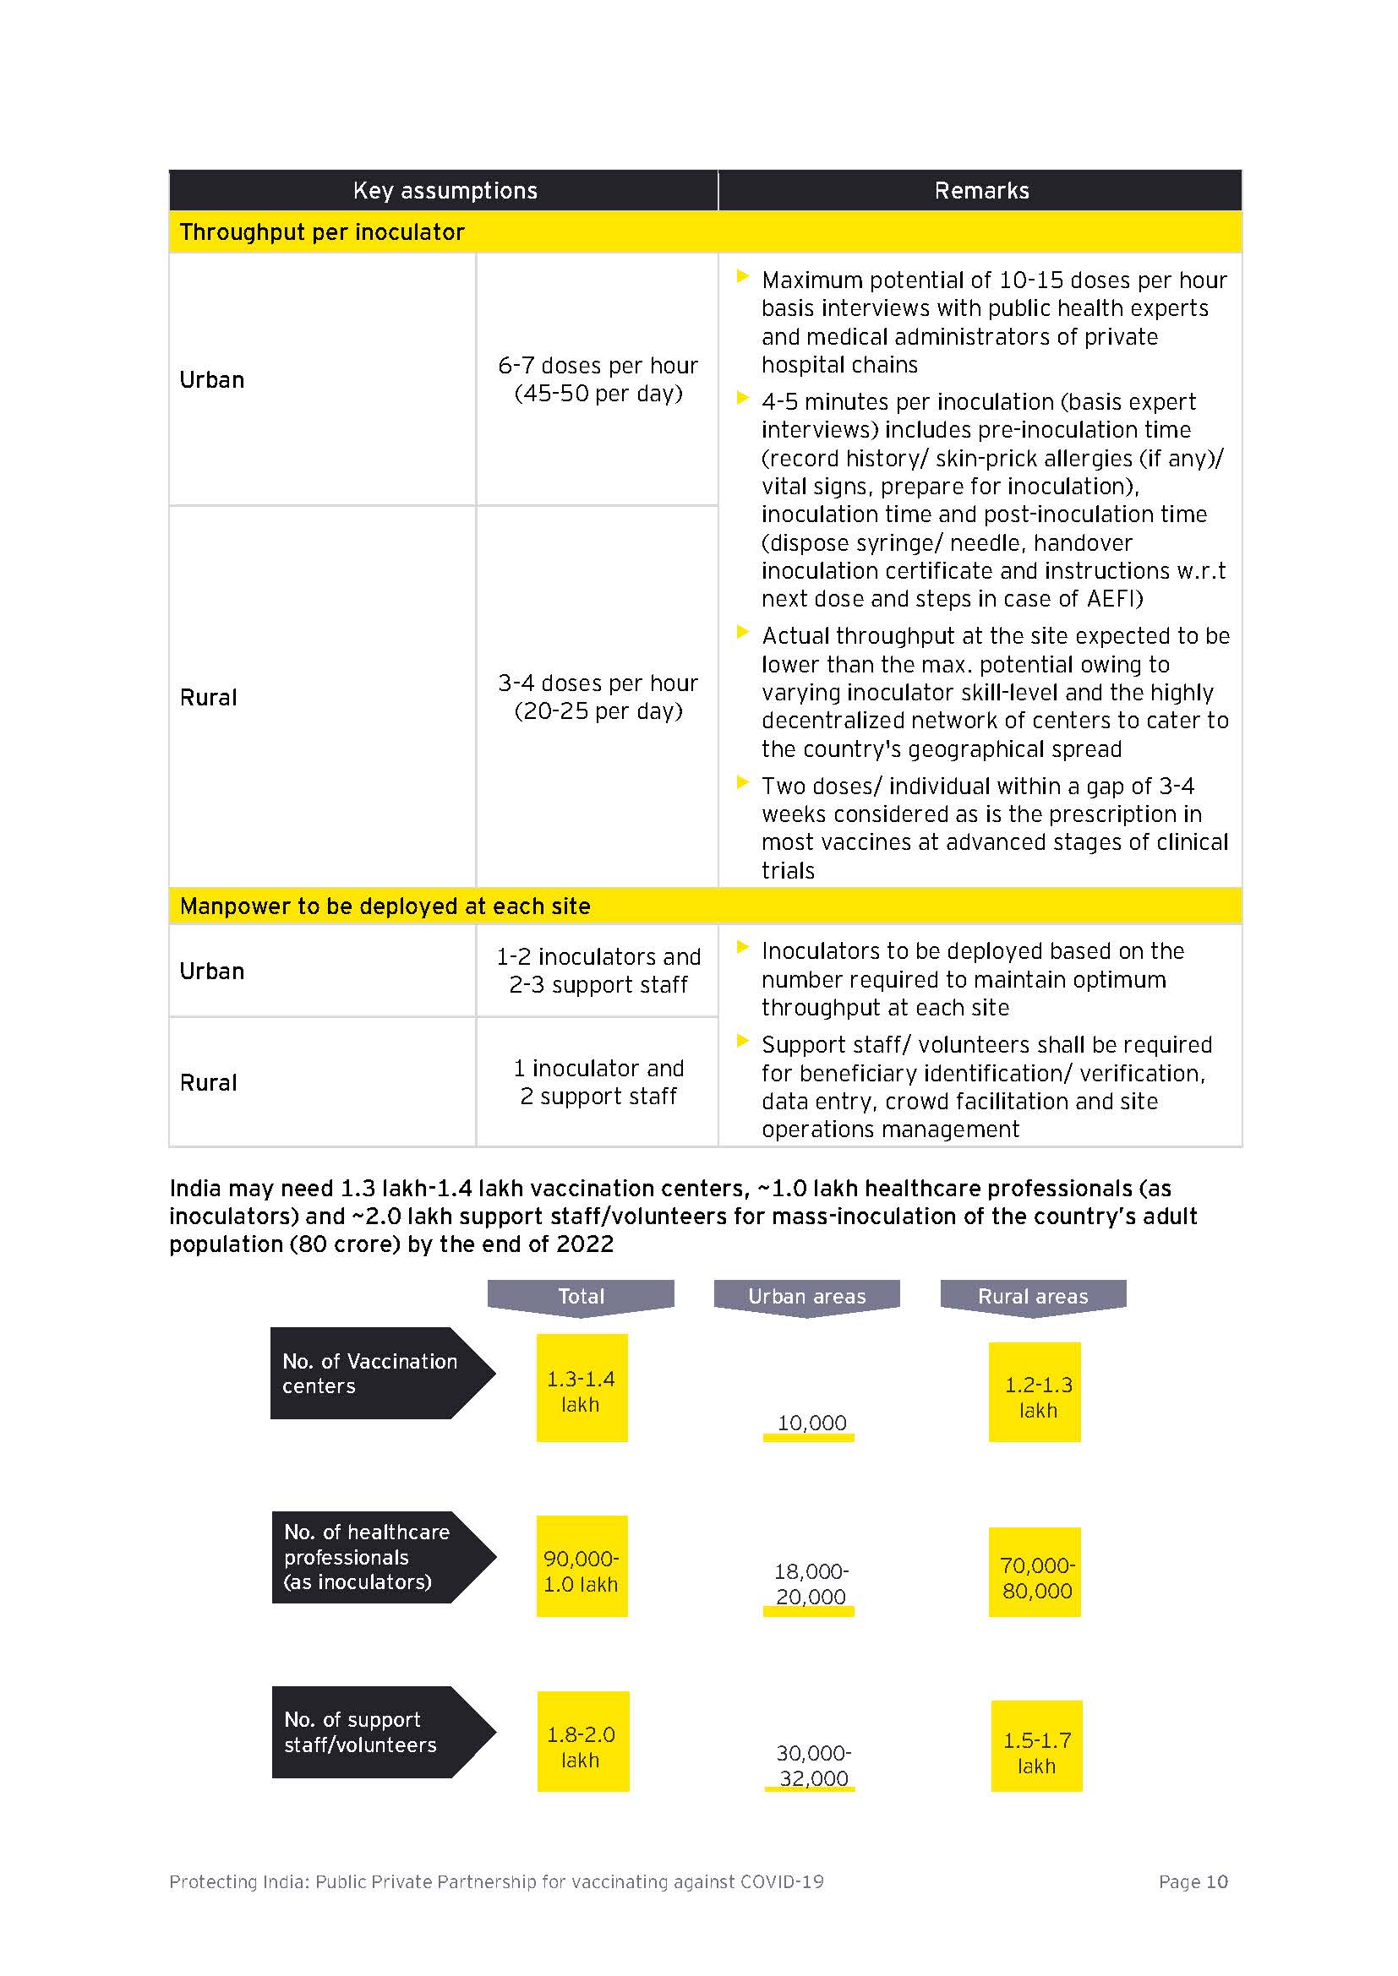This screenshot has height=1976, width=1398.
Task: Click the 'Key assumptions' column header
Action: coord(445,190)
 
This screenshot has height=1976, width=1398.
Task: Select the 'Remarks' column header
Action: coord(980,190)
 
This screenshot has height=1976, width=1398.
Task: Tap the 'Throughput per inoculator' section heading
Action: coord(322,232)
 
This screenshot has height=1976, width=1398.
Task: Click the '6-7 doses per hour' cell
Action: coord(598,379)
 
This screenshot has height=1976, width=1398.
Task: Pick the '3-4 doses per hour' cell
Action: coord(598,697)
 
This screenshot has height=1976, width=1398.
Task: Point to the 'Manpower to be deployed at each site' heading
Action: coord(385,906)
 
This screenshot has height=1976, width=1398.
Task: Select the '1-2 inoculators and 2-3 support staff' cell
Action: coord(598,971)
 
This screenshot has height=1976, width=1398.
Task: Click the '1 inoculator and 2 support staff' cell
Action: coord(598,1082)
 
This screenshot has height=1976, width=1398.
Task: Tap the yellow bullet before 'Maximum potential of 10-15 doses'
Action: coord(742,276)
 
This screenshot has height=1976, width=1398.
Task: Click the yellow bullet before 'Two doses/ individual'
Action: coord(742,782)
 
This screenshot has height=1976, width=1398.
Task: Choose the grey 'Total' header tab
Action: coord(581,1296)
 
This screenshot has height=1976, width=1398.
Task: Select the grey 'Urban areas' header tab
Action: coord(806,1296)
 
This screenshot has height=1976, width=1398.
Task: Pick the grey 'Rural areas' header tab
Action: coord(1033,1296)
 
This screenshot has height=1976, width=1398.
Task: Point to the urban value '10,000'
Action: coord(811,1423)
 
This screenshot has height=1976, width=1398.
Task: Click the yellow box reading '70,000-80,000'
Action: coord(1035,1577)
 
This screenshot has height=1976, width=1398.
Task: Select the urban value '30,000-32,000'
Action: coord(811,1765)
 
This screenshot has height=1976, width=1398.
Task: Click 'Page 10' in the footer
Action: coord(1193,1881)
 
